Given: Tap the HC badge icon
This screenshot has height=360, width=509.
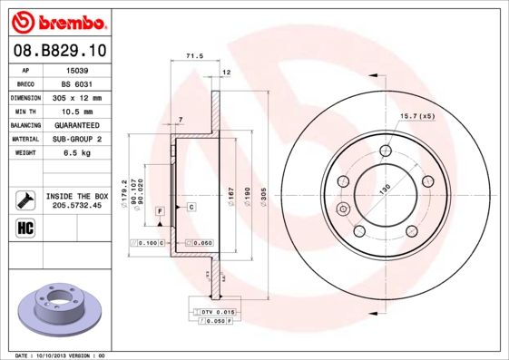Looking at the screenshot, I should (24, 227).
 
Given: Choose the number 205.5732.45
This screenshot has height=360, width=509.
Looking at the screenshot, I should (77, 205).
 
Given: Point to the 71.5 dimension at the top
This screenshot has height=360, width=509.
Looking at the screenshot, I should (192, 56).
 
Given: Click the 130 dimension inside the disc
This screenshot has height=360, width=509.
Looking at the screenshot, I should (385, 188).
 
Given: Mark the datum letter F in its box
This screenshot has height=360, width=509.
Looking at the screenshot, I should (160, 210).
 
